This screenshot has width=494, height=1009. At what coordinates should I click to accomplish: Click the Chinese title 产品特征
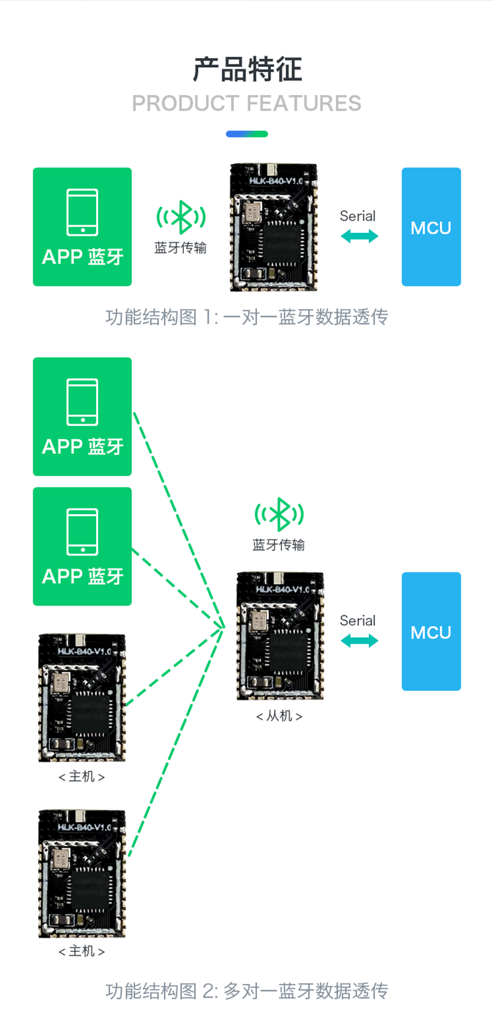pyautogui.click(x=247, y=69)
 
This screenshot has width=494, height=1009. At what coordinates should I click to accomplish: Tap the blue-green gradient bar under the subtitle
pyautogui.click(x=247, y=134)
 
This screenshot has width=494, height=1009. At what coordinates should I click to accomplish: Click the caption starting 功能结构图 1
pyautogui.click(x=246, y=317)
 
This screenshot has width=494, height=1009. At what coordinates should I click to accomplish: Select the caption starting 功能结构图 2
pyautogui.click(x=246, y=991)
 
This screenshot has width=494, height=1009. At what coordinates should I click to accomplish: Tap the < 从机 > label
pyautogui.click(x=279, y=716)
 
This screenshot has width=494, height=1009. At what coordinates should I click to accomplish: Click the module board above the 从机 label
pyautogui.click(x=280, y=636)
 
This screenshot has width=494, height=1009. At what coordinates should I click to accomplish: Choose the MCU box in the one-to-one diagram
pyautogui.click(x=431, y=227)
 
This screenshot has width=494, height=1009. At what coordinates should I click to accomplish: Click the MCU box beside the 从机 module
pyautogui.click(x=431, y=631)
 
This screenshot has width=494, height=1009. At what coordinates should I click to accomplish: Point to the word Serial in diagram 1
pyautogui.click(x=358, y=216)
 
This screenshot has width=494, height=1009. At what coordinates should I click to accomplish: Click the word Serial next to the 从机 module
pyautogui.click(x=358, y=621)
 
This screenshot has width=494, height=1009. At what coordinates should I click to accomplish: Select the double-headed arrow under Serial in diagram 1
pyautogui.click(x=360, y=236)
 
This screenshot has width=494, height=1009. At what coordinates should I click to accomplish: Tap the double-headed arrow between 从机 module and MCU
pyautogui.click(x=360, y=641)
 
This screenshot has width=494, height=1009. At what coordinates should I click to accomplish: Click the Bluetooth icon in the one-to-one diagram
pyautogui.click(x=181, y=217)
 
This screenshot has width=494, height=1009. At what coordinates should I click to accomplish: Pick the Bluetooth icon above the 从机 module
pyautogui.click(x=279, y=514)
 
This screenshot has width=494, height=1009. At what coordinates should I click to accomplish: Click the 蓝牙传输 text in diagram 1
pyautogui.click(x=181, y=248)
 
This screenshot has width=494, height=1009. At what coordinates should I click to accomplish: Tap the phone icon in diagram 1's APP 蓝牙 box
pyautogui.click(x=83, y=211)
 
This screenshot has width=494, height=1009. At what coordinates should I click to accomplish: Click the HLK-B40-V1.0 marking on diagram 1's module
pyautogui.click(x=276, y=181)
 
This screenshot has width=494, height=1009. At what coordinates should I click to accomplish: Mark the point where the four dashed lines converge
pyautogui.click(x=224, y=626)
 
